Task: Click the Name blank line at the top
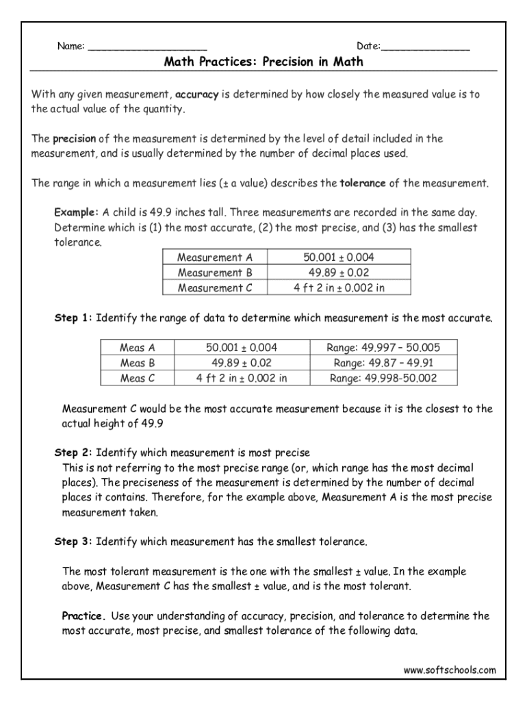(x=147, y=48)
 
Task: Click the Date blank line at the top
(x=425, y=48)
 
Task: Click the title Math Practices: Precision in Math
(x=263, y=62)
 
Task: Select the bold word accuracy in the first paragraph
(x=196, y=95)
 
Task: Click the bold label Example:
(x=77, y=213)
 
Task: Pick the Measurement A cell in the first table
(x=214, y=257)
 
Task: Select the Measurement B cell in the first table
(x=214, y=272)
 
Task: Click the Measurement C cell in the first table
(x=214, y=288)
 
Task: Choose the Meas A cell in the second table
(x=137, y=348)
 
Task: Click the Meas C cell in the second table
(x=137, y=378)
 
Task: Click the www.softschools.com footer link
(x=449, y=670)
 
